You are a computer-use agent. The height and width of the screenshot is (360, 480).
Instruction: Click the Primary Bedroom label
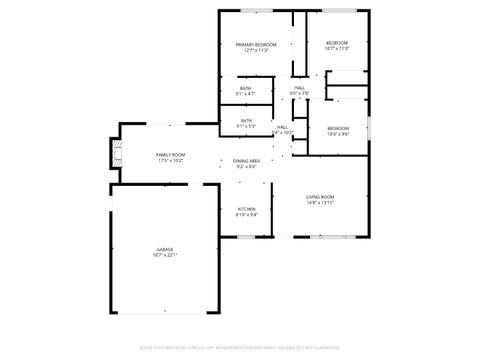[x=256, y=44]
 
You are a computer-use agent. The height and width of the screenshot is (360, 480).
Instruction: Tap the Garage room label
[x=165, y=249]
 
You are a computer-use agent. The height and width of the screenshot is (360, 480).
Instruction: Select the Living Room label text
[x=320, y=197]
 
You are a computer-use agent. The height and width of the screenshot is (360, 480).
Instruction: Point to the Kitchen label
[x=246, y=209]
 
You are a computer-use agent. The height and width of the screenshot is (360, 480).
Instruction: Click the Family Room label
[x=170, y=155]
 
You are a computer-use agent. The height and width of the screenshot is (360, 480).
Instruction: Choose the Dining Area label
[x=247, y=161]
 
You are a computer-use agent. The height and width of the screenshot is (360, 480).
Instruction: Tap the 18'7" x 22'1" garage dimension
[x=165, y=255]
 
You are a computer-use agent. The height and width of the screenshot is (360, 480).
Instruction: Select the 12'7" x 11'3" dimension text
[x=256, y=50]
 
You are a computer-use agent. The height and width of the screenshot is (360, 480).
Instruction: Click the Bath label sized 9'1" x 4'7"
[x=246, y=88]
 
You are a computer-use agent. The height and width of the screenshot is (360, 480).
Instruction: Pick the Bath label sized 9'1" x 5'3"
[x=246, y=121]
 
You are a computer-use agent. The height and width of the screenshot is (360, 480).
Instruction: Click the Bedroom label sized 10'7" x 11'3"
[x=336, y=43]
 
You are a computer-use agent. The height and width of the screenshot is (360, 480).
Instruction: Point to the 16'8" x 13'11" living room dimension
[x=320, y=203]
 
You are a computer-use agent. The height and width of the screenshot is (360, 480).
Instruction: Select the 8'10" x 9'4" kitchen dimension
[x=246, y=215]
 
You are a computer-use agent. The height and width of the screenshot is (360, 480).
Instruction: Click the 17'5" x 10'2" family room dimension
[x=170, y=161]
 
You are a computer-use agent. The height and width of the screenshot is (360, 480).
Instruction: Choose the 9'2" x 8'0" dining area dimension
[x=247, y=167]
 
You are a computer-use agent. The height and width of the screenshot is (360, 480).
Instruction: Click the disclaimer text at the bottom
[x=240, y=349]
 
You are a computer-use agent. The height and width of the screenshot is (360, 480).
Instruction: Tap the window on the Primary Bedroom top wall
[x=256, y=10]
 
